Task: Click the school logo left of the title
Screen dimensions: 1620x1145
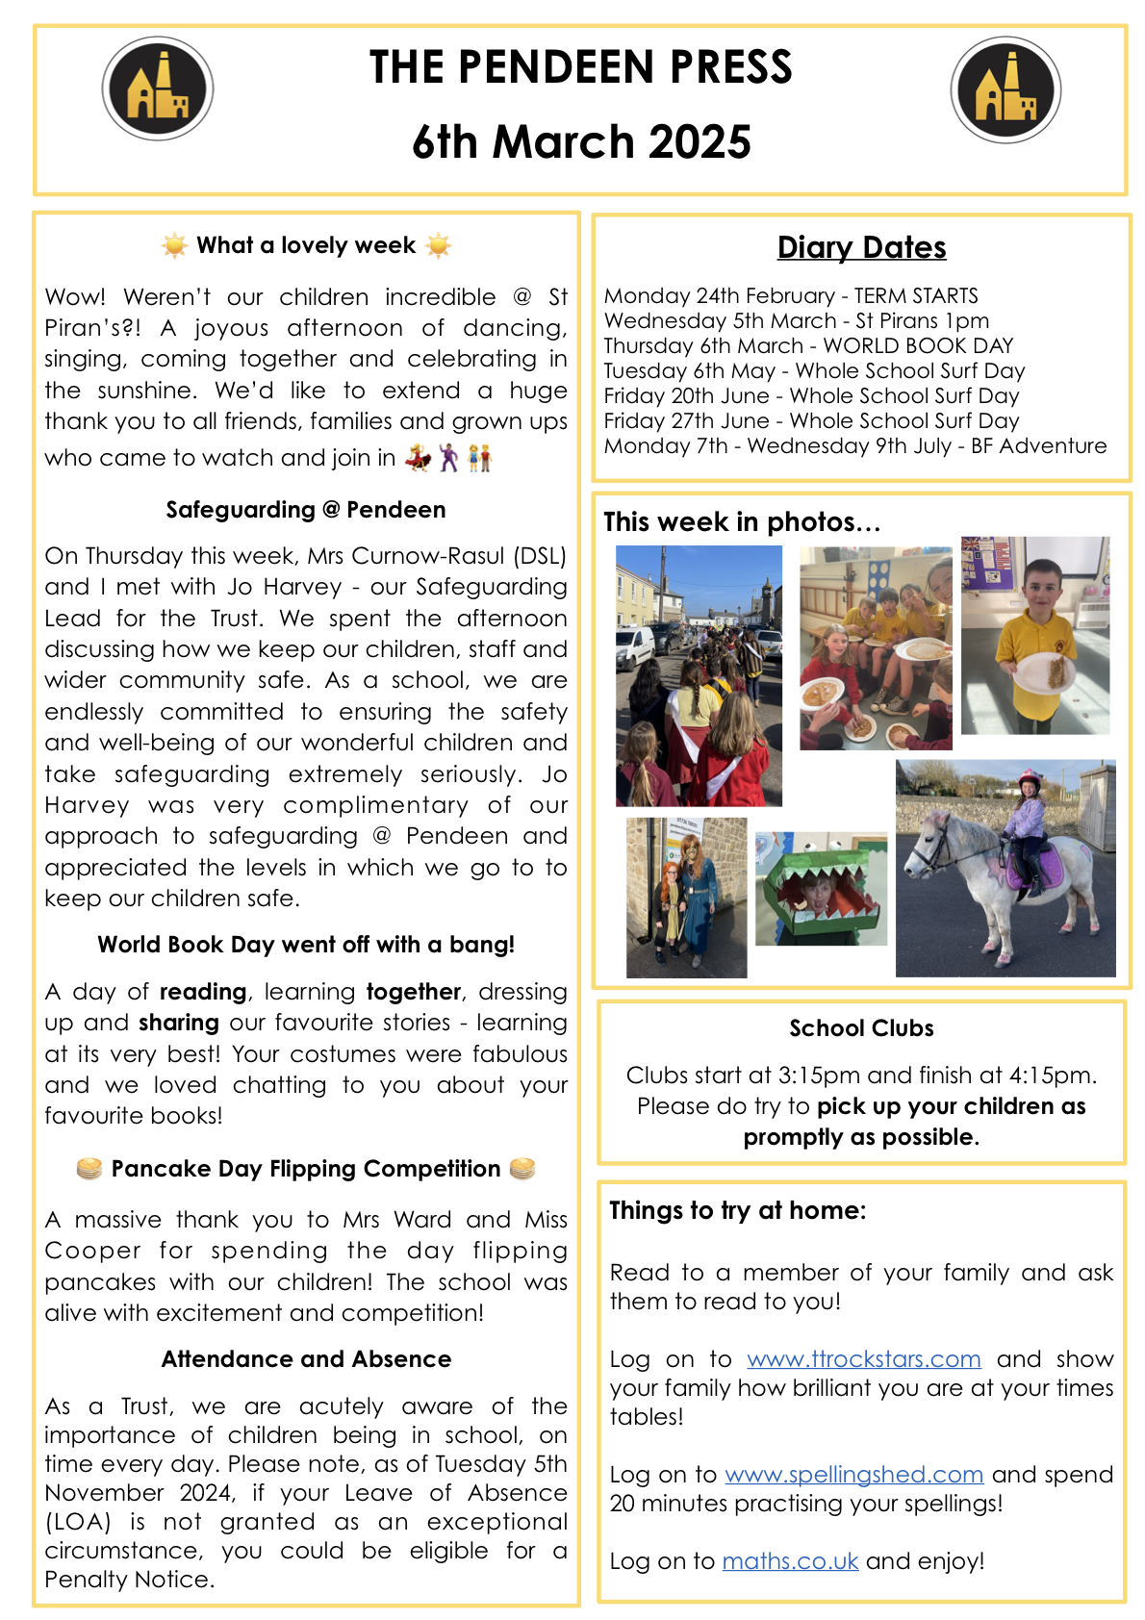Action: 158,89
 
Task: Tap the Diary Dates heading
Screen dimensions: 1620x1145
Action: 861,247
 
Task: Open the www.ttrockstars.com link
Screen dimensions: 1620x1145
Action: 863,1358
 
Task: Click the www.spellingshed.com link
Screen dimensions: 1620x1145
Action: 853,1474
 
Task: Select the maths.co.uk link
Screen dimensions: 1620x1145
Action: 790,1560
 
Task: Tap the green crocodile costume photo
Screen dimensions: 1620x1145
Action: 821,888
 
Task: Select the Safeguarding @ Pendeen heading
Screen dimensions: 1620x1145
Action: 306,510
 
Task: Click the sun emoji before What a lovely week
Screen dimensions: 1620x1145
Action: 174,246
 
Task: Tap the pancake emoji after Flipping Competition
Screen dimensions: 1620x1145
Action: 522,1169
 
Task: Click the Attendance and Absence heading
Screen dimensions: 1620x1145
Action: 306,1358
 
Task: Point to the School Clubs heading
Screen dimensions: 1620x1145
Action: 861,1028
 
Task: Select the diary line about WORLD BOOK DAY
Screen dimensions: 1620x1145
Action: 808,345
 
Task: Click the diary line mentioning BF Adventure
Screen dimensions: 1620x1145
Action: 854,445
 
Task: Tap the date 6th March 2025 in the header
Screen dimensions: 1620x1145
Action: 581,142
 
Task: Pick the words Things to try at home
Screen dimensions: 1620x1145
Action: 737,1210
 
